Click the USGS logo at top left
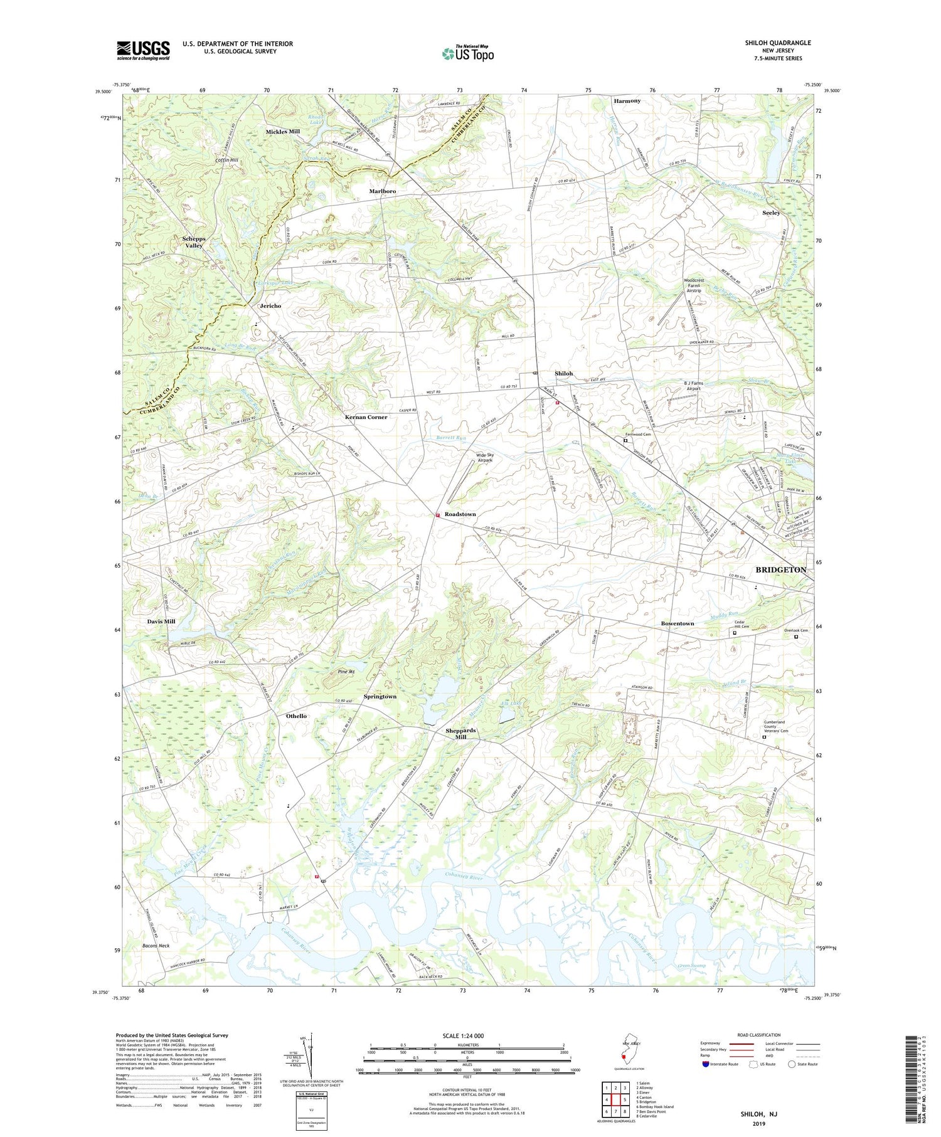coord(143,50)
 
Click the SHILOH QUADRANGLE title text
coord(777,43)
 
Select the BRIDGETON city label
coord(780,570)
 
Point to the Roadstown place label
coord(460,514)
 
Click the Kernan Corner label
coord(366,417)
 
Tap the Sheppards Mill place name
coord(460,734)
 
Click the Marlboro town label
coord(383,191)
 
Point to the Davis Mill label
coord(161,621)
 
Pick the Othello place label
coord(296,716)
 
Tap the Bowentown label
coord(678,623)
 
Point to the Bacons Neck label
coord(156,946)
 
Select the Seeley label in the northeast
coord(771,213)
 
